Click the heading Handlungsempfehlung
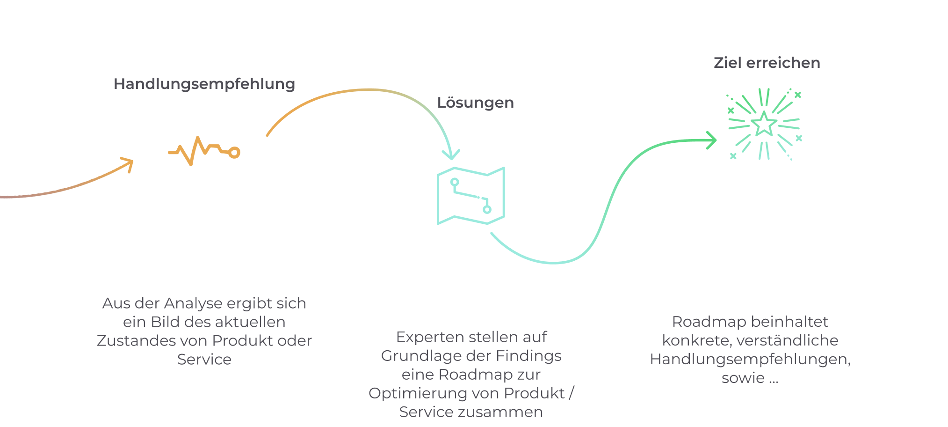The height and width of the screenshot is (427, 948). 204,84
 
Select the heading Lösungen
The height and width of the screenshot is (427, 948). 475,103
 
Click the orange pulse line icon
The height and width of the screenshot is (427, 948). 204,151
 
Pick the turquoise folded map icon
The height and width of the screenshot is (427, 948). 471,196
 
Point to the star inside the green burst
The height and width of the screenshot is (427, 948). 764,124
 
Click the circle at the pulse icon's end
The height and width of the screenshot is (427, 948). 234,153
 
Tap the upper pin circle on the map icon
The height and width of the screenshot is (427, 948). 455,182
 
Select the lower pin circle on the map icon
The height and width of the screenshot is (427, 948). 487,209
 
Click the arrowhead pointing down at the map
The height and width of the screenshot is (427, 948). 451,155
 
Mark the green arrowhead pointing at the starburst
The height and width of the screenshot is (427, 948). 711,140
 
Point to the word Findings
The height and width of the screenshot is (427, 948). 528,356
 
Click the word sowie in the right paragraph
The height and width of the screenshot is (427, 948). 743,378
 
